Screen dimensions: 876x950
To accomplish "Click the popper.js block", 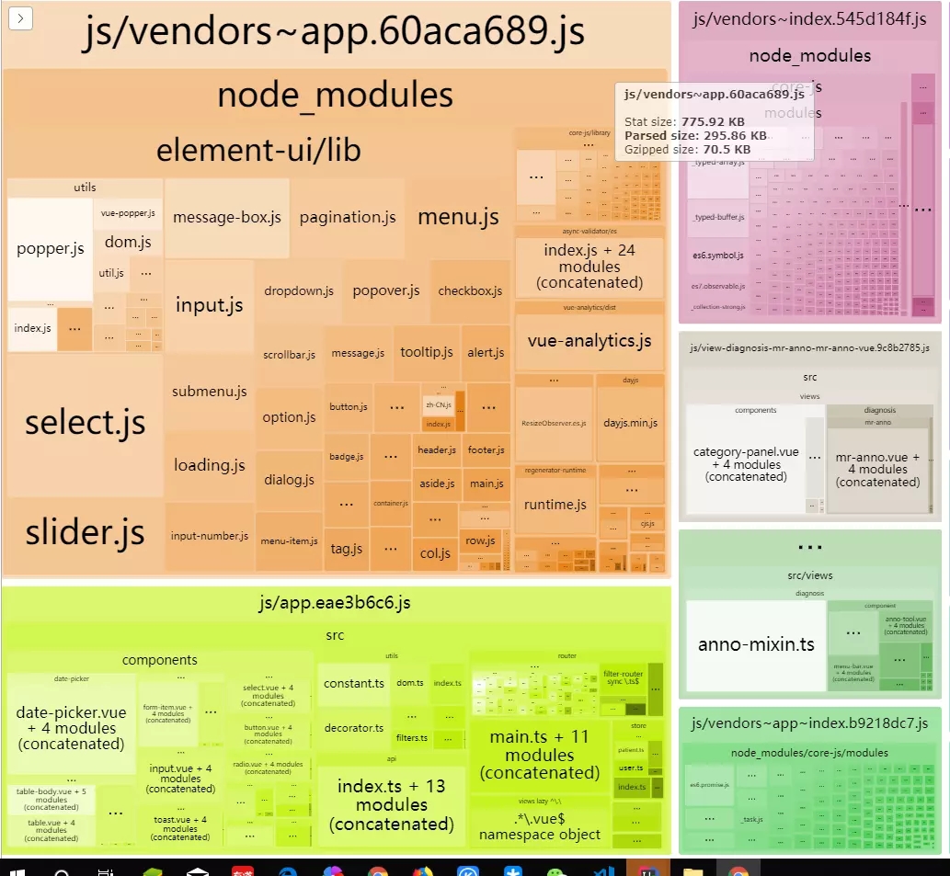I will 51,248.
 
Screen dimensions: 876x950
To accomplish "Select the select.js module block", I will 85,423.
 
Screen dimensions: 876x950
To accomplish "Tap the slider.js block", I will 85,532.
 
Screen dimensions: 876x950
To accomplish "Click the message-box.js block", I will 227,218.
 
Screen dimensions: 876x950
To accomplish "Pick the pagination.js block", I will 348,218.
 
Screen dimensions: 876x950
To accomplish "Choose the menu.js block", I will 458,218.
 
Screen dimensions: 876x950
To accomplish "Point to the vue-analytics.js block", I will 589,341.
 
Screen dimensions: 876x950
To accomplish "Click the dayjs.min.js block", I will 630,423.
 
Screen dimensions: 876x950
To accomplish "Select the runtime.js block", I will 555,505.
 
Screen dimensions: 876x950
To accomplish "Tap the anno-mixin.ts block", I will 756,644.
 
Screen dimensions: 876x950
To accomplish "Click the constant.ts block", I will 354,684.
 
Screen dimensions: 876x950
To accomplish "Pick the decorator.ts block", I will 354,728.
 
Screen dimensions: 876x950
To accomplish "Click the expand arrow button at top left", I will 21,17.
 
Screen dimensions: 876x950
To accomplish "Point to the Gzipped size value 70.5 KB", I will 727,149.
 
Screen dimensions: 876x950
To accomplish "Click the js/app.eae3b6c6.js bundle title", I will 335,603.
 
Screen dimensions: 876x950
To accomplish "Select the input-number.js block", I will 210,536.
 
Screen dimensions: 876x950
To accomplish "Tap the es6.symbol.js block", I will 717,255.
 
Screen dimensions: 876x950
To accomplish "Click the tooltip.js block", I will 427,352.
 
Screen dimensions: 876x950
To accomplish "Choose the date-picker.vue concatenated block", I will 71,728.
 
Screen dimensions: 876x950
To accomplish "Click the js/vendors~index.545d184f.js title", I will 809,19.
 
